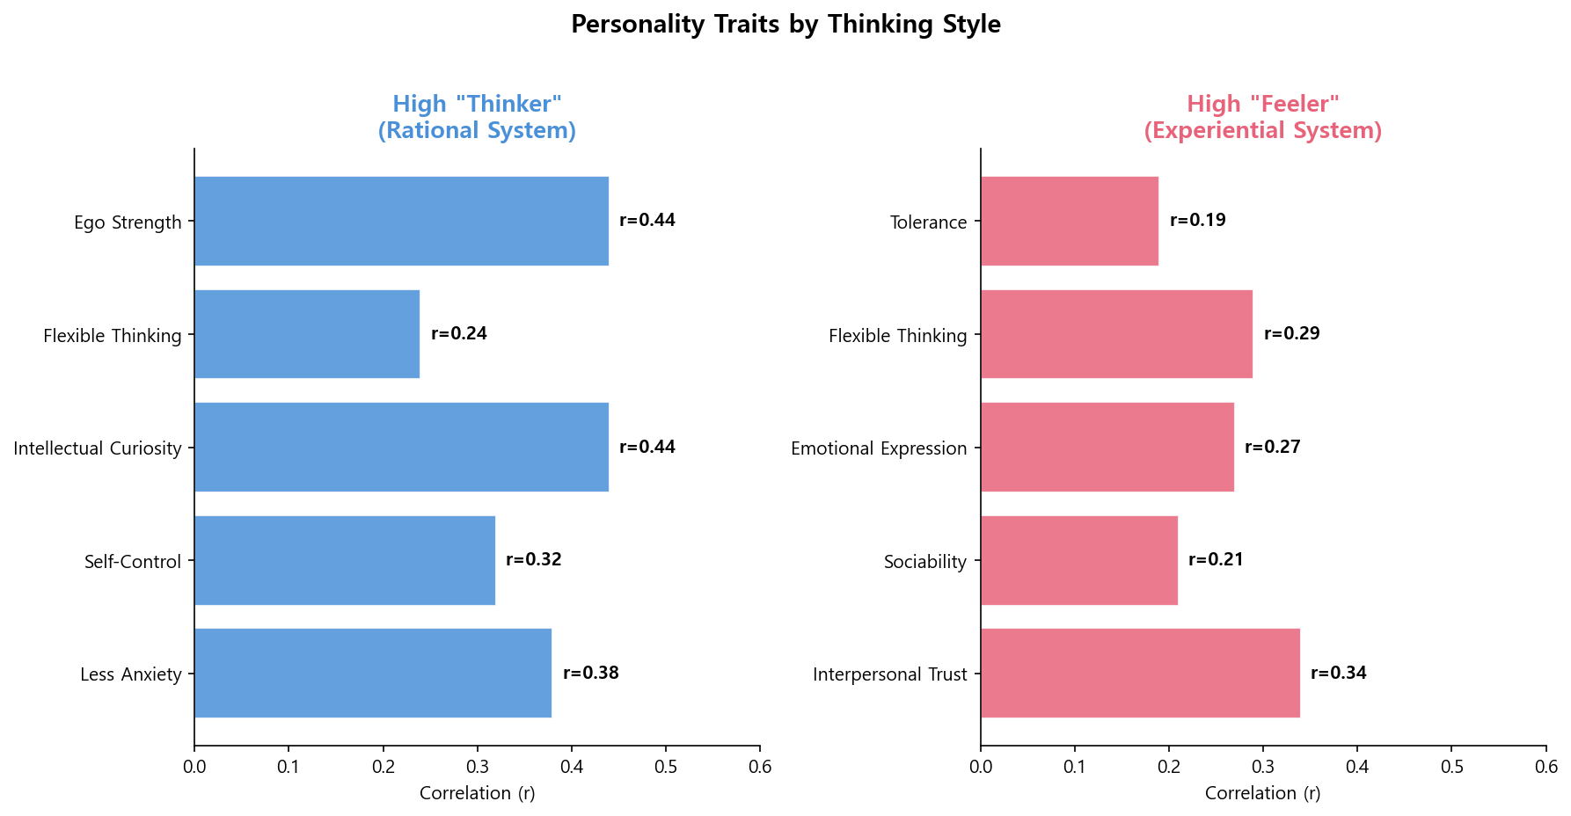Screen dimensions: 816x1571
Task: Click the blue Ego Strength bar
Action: tap(401, 221)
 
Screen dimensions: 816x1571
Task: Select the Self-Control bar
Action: tap(345, 560)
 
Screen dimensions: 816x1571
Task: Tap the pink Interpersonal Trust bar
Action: tap(1140, 674)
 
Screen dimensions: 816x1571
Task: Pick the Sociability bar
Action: tap(1079, 560)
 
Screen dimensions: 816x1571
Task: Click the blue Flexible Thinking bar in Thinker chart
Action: tap(307, 334)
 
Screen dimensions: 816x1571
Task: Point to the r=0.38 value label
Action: tap(591, 674)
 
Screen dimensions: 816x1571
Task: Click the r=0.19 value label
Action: tap(1197, 221)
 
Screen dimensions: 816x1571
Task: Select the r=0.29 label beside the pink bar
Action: tap(1291, 334)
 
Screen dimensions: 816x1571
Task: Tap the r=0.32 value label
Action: tap(533, 560)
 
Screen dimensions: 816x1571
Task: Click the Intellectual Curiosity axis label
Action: tap(98, 448)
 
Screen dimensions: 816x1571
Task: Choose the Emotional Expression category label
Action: tap(879, 448)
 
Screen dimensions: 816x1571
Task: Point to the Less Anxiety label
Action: tap(131, 674)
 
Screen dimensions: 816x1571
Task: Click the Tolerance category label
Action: tap(928, 222)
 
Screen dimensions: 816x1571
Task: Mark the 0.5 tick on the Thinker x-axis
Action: tap(666, 767)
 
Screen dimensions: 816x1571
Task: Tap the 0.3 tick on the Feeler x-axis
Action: tap(1263, 767)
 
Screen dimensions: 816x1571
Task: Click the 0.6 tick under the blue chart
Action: tap(760, 767)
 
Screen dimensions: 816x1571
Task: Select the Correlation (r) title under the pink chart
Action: tap(1262, 793)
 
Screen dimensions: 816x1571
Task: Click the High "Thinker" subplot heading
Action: tap(477, 104)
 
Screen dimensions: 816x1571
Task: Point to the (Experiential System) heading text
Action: tap(1262, 131)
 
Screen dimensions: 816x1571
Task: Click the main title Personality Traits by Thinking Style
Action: tap(785, 24)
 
